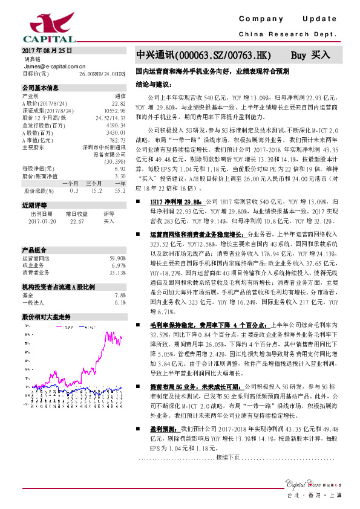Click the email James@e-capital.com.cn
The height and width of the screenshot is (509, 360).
pos(54,66)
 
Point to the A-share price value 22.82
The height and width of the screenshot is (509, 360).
pos(119,103)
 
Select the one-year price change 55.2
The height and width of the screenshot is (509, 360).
pos(120,191)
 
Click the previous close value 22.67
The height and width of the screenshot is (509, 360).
pos(77,221)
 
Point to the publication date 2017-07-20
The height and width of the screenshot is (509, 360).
pos(41,221)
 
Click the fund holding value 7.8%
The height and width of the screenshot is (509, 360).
pos(119,295)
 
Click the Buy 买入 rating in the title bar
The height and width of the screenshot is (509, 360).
pos(310,55)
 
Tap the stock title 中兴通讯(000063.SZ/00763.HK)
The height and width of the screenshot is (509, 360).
pos(204,55)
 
